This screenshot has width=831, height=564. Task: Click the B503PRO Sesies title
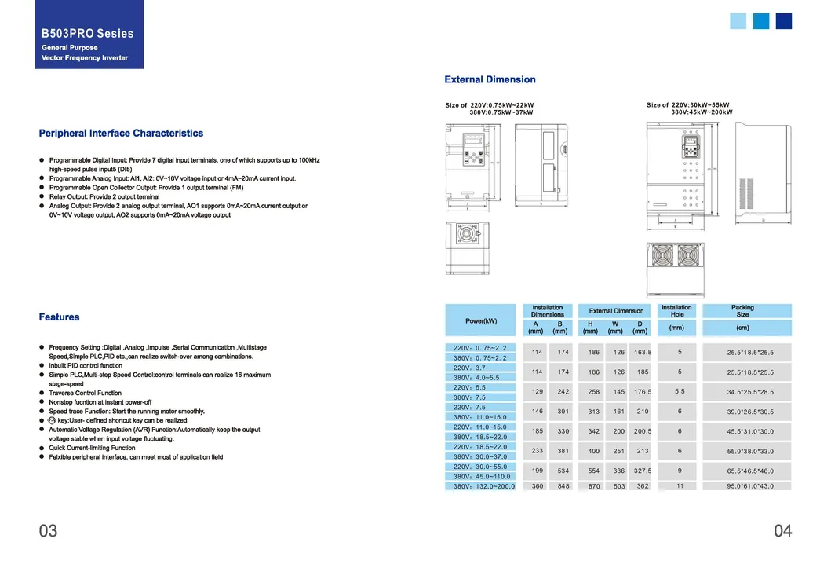[88, 34]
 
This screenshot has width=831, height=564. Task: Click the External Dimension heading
[490, 79]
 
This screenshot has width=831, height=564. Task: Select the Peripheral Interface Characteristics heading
[121, 134]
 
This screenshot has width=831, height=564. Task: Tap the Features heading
[60, 317]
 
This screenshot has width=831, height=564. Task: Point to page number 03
[49, 531]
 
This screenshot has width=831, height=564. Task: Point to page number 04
[782, 531]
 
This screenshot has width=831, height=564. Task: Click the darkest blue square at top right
[784, 21]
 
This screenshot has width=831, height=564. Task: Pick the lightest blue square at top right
[738, 21]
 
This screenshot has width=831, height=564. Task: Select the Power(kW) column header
[481, 320]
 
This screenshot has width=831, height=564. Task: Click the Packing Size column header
[742, 311]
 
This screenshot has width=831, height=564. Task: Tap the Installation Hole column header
[676, 311]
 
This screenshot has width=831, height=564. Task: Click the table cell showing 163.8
[643, 353]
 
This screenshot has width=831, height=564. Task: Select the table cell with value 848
[563, 487]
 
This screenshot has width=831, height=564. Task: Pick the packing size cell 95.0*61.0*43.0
[749, 487]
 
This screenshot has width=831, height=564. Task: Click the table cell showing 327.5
[643, 471]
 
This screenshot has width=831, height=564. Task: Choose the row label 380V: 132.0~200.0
[483, 487]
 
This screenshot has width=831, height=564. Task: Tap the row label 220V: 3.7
[470, 368]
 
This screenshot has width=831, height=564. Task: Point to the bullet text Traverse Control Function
[86, 393]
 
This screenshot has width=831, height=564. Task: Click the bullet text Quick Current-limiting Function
[92, 448]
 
